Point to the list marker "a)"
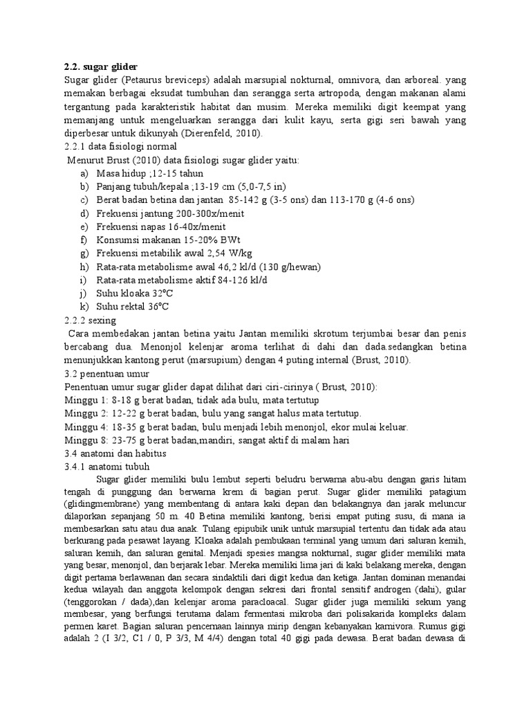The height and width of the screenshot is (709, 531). click(x=84, y=173)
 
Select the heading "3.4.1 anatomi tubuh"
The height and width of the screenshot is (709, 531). click(x=106, y=466)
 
